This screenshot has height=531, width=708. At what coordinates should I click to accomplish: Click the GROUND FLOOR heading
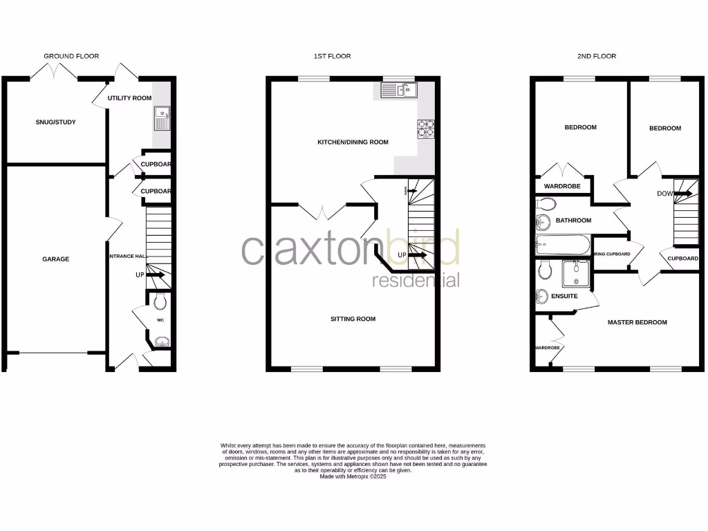click(71, 56)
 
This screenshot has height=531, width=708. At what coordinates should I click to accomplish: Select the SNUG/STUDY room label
click(56, 122)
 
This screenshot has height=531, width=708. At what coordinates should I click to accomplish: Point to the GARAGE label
click(55, 259)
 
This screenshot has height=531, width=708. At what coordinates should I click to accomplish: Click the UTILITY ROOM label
click(129, 98)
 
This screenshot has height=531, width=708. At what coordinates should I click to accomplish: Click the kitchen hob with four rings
click(425, 129)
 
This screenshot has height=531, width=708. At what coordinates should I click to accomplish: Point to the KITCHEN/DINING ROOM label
click(353, 142)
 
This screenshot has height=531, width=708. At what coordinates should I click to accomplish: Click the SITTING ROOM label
click(353, 319)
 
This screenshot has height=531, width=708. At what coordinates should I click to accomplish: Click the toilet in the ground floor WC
click(160, 301)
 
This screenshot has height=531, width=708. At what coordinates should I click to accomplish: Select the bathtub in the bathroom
click(562, 245)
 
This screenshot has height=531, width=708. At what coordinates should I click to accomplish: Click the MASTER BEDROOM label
click(637, 322)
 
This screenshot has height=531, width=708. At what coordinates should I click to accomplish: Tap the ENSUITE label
click(564, 296)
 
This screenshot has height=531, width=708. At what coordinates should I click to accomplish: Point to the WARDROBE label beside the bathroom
click(561, 187)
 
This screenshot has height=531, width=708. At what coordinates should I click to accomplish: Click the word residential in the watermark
click(416, 281)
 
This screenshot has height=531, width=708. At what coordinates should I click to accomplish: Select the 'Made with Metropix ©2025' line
click(353, 476)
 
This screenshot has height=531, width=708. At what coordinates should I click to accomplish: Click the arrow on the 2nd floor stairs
click(683, 194)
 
